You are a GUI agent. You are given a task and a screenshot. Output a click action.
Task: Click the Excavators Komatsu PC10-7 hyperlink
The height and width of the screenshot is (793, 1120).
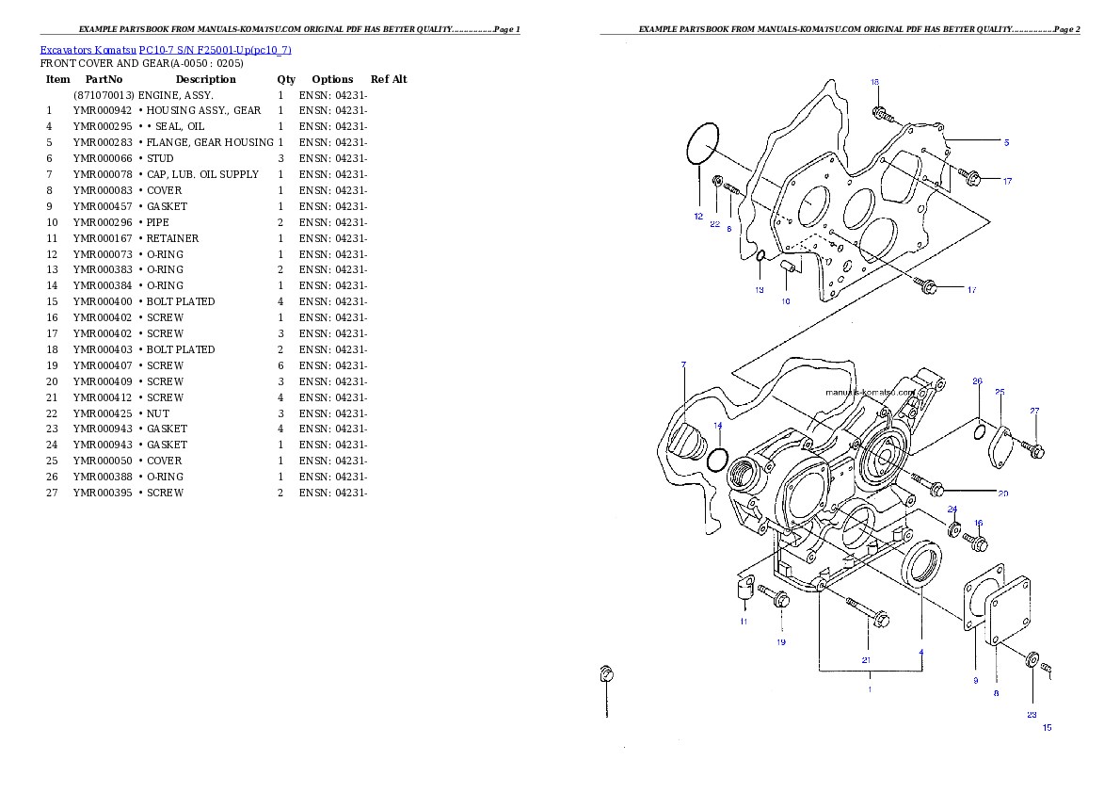166,50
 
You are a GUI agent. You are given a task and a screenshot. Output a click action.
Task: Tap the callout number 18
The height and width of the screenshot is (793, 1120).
874,83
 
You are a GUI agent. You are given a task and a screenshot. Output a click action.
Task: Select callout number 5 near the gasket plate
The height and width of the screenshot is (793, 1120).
1006,142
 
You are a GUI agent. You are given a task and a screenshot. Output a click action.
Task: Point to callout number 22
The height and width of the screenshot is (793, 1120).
715,224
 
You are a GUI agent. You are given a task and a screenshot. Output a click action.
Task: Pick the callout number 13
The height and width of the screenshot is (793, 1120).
759,290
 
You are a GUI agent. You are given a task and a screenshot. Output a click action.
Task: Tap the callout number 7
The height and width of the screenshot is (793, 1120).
683,364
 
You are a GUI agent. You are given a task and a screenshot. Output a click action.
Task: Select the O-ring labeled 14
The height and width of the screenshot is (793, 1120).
717,461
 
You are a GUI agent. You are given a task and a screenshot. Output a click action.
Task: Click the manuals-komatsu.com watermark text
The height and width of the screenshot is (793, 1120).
870,392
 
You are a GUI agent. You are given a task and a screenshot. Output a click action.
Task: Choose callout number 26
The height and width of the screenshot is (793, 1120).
977,381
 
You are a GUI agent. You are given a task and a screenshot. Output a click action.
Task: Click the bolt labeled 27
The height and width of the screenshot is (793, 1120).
1029,449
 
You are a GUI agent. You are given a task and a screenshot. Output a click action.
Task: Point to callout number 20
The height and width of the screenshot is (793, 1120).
1002,493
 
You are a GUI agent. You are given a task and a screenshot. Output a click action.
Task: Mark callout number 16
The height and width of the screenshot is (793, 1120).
978,523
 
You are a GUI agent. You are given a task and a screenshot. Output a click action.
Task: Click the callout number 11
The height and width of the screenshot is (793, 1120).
744,622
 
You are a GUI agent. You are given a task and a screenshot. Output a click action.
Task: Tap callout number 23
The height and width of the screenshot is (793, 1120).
1032,715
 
